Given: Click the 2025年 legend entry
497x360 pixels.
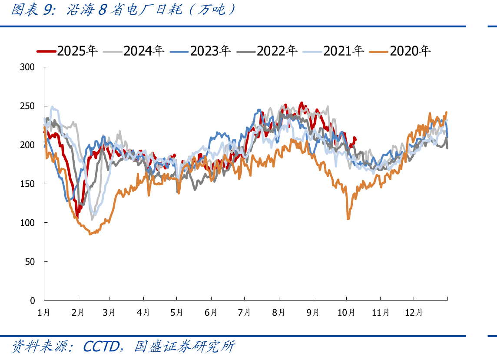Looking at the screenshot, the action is tap(67, 51).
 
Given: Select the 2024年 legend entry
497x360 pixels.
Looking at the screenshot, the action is tap(134, 51).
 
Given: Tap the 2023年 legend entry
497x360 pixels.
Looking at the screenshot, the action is tap(200, 51).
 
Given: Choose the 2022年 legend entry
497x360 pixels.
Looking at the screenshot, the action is tap(267, 51).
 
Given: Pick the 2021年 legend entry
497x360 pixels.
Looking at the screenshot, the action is tap(334, 51).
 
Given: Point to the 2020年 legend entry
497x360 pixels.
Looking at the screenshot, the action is tap(400, 51).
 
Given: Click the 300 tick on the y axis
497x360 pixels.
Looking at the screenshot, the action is tap(27, 67).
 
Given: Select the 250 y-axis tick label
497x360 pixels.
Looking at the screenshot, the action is tap(27, 106).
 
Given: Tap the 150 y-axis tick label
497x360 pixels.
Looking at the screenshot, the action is tap(27, 184).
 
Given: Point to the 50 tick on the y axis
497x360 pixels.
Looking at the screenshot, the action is tap(30, 262).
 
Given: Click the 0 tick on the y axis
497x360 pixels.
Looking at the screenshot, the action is tap(32, 301).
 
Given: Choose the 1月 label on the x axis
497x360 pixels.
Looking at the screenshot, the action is tap(44, 313).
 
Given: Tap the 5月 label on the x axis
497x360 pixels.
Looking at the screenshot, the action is tap(176, 313).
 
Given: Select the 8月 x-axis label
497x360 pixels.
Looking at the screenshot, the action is tap(278, 313).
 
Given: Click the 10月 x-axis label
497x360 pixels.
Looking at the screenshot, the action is tap(346, 313).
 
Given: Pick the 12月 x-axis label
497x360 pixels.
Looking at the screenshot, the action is tap(414, 313).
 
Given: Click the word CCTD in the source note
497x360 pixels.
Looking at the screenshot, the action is tap(101, 347).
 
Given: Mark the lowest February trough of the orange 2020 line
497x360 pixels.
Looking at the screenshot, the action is tap(90, 234).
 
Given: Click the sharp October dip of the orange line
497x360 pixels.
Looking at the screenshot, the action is tap(348, 219).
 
